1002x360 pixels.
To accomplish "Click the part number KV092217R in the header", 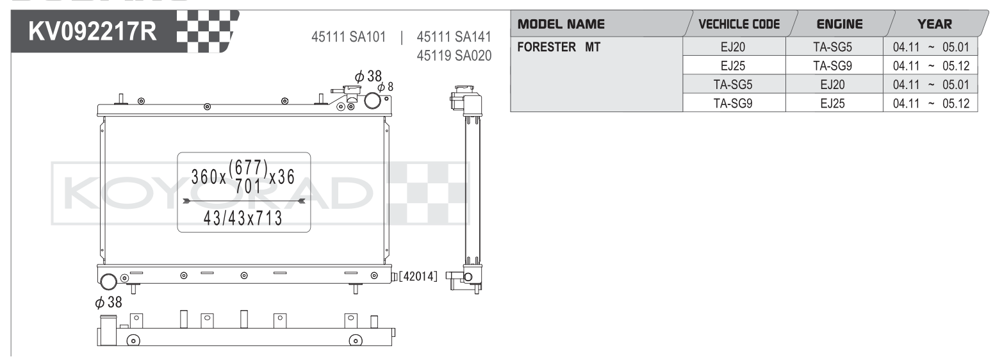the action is point(93,31).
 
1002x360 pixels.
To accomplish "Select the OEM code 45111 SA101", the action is point(349,37).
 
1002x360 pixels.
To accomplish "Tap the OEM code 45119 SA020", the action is point(454,56).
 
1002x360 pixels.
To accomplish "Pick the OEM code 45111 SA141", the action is point(454,37).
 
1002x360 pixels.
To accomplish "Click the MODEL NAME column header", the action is point(561,24).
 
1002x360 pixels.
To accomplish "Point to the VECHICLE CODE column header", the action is point(739,24).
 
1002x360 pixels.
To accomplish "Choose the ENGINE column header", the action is point(840,24).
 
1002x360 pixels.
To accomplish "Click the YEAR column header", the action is point(935,24).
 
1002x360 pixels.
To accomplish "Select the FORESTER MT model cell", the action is point(559,47).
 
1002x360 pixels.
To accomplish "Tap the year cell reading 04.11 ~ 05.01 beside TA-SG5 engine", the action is point(931,47).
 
